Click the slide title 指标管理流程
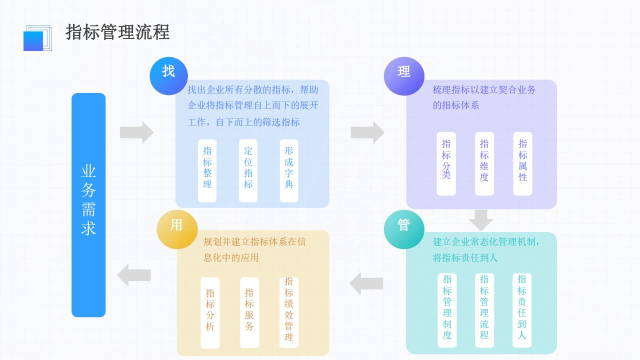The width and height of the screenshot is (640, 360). point(117,32)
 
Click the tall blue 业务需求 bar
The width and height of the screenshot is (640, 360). point(88,205)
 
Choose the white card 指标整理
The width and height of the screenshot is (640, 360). point(207,170)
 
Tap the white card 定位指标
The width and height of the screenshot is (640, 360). point(248,170)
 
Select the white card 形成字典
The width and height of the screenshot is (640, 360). point(289,170)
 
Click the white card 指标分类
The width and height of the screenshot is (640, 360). point(446,163)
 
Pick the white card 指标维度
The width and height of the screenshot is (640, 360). point(484,163)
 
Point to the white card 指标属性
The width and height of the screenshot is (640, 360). point(522,163)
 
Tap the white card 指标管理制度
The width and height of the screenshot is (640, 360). point(447,310)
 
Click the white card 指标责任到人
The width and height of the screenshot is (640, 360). point(521,310)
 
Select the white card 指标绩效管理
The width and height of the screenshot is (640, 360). point(288,312)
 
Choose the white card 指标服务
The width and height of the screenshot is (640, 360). point(249,312)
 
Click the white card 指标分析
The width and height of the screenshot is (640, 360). point(210,312)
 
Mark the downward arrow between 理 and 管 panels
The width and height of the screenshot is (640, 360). point(481,219)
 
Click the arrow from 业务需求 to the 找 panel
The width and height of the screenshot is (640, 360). point(136,132)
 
